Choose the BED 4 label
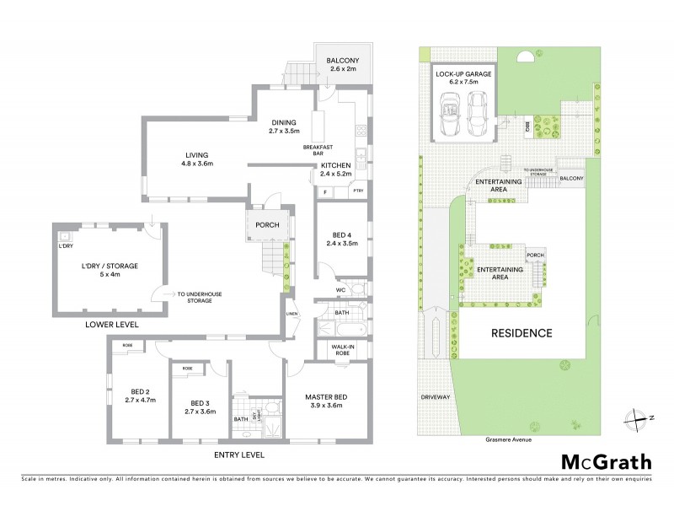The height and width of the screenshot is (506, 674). point(341,234)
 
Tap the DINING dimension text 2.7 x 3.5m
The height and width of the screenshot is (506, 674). point(284,132)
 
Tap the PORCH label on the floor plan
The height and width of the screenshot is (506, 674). point(269,225)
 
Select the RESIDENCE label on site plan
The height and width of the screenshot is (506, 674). point(522,332)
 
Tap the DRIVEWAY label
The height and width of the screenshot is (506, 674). point(436,396)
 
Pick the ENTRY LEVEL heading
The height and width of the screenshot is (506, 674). point(238,455)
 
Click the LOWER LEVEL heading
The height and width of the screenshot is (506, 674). point(113,325)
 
